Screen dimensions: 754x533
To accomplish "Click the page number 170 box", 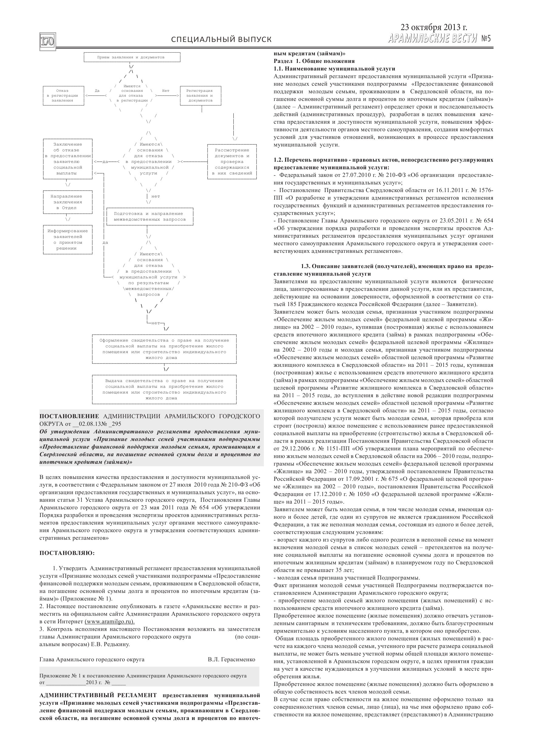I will click(47, 41).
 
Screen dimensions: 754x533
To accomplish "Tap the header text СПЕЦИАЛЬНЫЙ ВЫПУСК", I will click(221, 40).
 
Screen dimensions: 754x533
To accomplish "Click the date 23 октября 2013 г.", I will click(434, 27).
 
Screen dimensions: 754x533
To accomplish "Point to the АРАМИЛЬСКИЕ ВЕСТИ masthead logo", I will click(432, 38).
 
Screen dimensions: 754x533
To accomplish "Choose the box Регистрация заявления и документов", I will click(200, 95).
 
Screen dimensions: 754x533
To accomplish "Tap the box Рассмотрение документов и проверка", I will click(232, 162).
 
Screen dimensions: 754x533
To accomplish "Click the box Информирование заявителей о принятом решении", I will click(67, 240).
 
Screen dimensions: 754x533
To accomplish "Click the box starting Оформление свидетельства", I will click(164, 349).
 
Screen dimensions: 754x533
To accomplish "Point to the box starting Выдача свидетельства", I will click(164, 390).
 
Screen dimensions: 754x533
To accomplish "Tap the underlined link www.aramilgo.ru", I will click(109, 622).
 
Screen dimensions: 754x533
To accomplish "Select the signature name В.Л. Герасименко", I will click(231, 659).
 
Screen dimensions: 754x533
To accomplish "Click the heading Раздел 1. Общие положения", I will click(314, 61).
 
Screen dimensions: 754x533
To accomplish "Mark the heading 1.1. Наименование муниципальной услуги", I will click(334, 69).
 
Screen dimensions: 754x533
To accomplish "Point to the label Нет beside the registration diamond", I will click(166, 91).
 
